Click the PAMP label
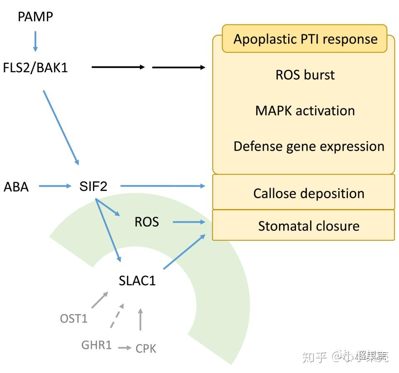35,17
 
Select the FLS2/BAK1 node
35,67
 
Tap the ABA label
16,187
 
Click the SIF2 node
93,186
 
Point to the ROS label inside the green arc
147,222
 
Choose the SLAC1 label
137,281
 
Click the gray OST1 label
74,319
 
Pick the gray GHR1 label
97,344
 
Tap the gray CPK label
146,349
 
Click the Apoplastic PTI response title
305,39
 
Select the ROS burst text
305,75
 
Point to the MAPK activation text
305,111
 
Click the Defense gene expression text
308,146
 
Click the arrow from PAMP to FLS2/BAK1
35,41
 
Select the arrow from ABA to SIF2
55,186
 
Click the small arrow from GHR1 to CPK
125,348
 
